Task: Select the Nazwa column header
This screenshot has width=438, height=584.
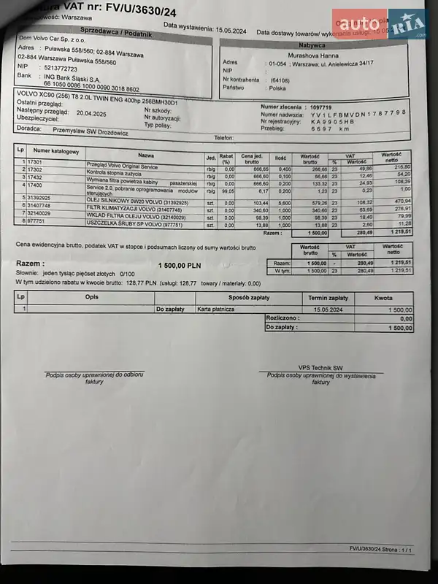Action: coord(146,155)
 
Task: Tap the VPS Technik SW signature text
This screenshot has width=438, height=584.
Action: coord(320,368)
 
